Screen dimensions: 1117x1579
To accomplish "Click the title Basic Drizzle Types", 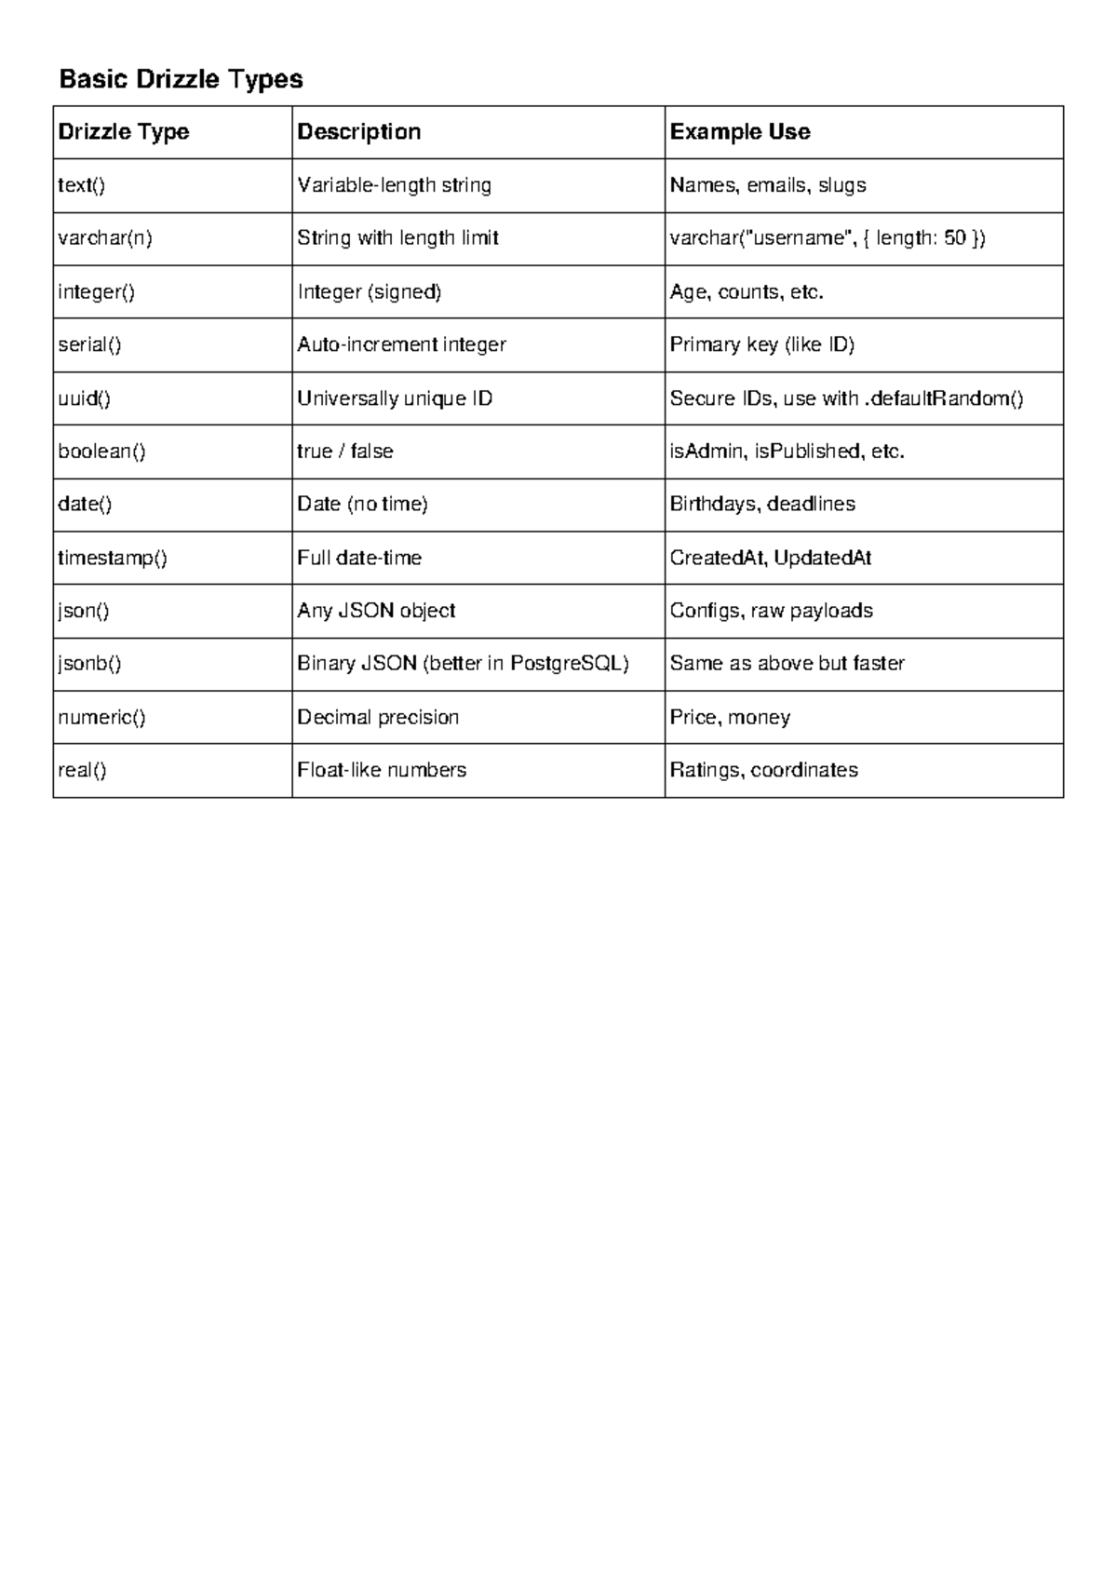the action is click(x=181, y=79).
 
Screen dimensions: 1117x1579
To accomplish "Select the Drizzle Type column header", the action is click(x=124, y=132).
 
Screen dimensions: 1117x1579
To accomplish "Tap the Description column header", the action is click(x=358, y=132).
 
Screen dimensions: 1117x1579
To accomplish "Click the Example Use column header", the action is click(x=740, y=132).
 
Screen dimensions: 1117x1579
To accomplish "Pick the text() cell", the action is click(x=82, y=185).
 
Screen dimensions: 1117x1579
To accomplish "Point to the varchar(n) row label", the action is click(x=105, y=238).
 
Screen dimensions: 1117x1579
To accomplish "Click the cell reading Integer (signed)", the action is click(x=370, y=292).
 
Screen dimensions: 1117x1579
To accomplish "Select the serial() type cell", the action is click(x=89, y=345).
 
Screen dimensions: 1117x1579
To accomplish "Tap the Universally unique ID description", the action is click(x=395, y=398).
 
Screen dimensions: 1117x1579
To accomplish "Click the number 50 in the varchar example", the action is click(x=955, y=238).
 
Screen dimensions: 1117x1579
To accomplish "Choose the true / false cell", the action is click(x=345, y=452).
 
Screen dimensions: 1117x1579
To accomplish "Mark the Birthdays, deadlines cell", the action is click(x=762, y=505).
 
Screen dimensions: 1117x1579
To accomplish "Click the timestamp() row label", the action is click(x=113, y=559).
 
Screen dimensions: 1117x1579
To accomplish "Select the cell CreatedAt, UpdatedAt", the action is click(x=771, y=559).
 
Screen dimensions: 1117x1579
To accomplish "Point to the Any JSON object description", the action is click(x=376, y=611).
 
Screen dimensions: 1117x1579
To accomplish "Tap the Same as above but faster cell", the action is click(x=787, y=664).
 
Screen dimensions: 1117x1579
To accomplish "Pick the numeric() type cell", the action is click(x=101, y=718).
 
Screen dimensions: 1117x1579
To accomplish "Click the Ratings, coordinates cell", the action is click(x=764, y=771).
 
